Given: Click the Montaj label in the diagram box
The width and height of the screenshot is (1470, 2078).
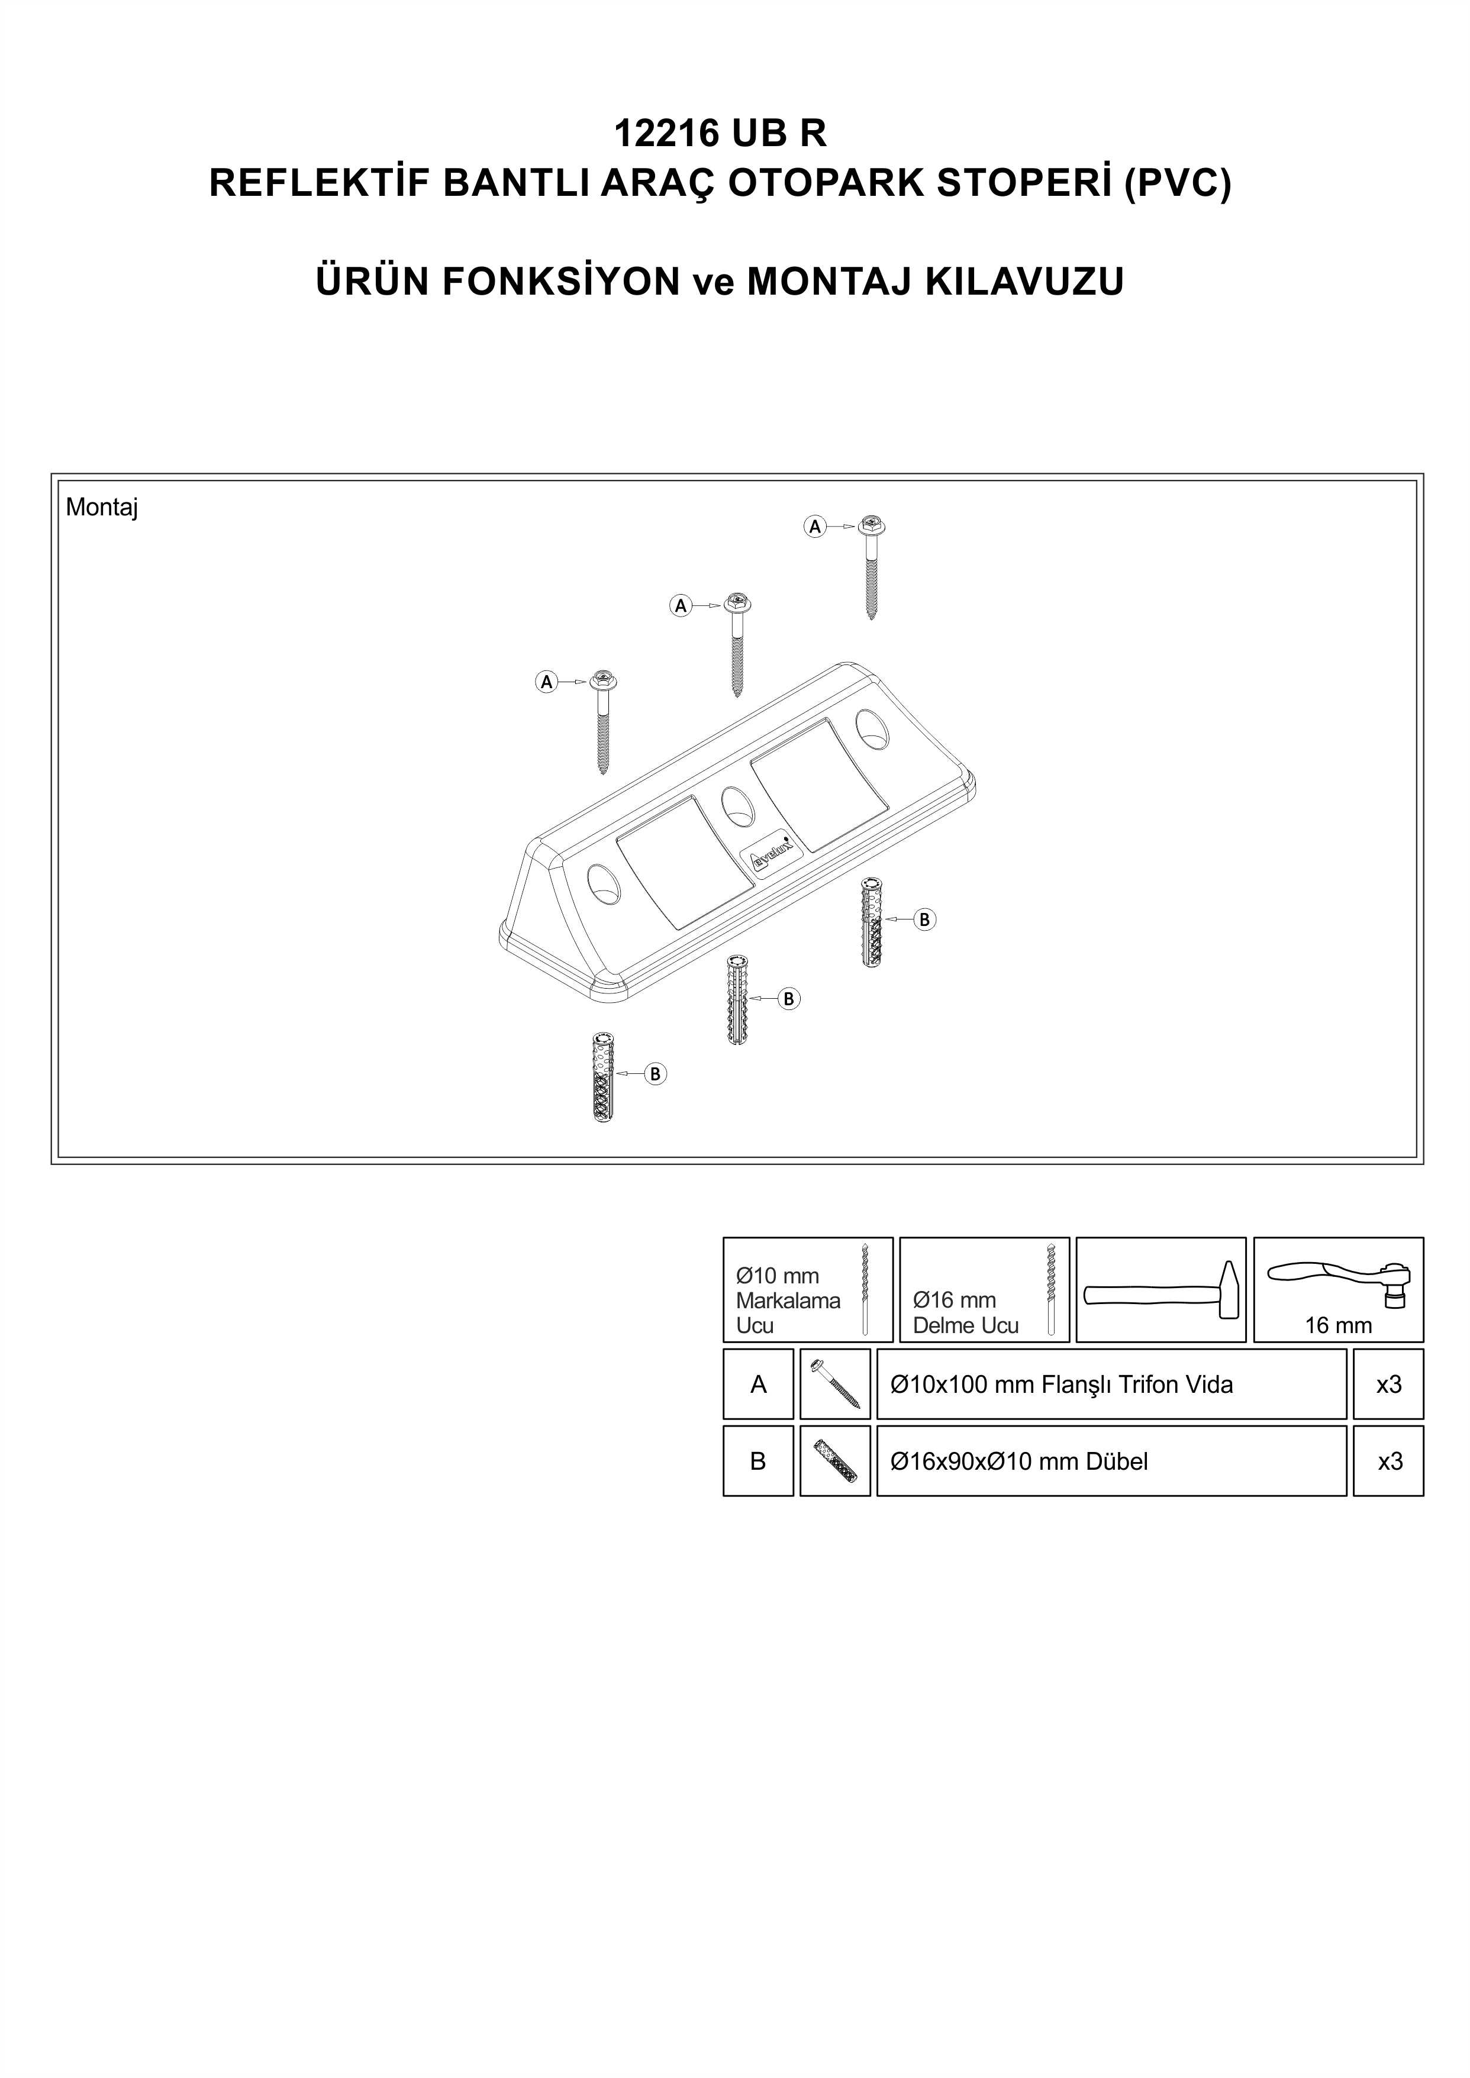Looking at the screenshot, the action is click(101, 508).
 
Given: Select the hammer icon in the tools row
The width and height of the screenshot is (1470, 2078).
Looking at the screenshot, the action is click(1160, 1290).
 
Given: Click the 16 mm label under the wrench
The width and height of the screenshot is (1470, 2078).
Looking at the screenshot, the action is click(1338, 1326).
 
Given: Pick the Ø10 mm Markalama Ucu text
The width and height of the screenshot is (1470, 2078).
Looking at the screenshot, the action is click(788, 1301).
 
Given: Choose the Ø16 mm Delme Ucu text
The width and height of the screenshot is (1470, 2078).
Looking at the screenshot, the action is click(965, 1313).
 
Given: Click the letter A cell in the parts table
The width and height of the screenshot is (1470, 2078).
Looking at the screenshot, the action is click(759, 1384).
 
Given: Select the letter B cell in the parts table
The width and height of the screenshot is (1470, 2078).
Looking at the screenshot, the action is click(759, 1461).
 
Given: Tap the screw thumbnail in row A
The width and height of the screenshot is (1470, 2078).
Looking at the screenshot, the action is click(836, 1384).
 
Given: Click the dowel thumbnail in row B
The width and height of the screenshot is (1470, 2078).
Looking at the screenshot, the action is click(836, 1461).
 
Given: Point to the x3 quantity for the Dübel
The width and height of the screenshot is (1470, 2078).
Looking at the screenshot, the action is click(1390, 1461).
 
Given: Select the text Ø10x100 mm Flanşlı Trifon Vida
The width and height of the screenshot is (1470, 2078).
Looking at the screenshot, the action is click(1061, 1385).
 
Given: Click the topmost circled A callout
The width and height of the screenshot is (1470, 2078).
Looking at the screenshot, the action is click(815, 526).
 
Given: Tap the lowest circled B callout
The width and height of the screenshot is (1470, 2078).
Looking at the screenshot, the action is click(655, 1075).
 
